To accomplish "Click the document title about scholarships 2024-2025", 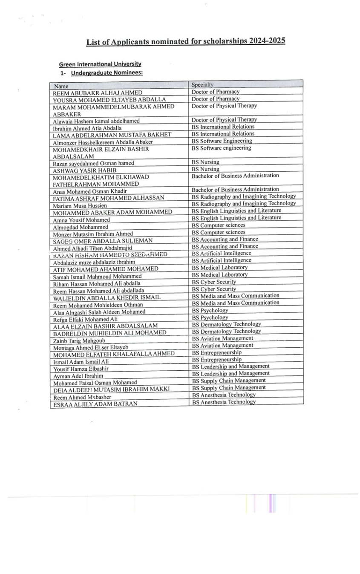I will pyautogui.click(x=185, y=42).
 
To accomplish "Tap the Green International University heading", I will pyautogui.click(x=100, y=64).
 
